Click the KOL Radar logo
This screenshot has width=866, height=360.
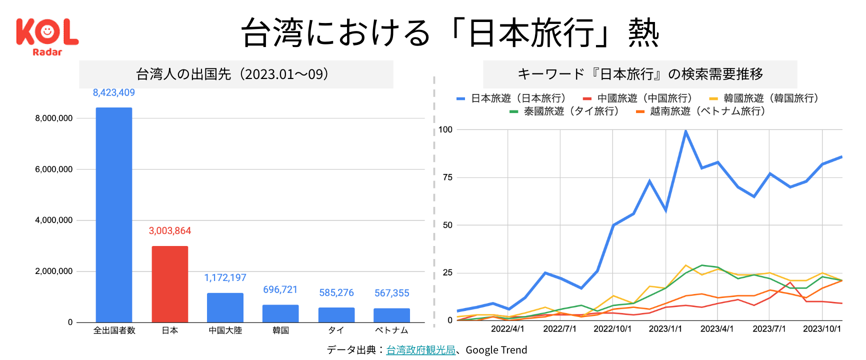[47, 36]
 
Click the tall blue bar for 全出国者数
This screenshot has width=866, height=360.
[114, 215]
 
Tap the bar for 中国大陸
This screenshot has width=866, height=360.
[225, 307]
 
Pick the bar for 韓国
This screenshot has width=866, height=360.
[280, 313]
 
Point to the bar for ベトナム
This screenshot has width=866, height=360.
[391, 315]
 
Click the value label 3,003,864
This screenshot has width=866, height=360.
[170, 230]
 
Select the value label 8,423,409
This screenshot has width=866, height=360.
[114, 92]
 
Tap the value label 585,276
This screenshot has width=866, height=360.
[336, 292]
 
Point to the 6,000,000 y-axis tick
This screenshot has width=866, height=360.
[54, 169]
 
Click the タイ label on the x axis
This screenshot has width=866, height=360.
[336, 330]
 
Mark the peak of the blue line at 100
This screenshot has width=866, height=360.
[685, 131]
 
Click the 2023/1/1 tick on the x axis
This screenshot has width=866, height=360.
[665, 328]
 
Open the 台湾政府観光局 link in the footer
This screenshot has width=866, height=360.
[420, 350]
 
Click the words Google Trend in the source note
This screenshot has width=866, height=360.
[496, 350]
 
